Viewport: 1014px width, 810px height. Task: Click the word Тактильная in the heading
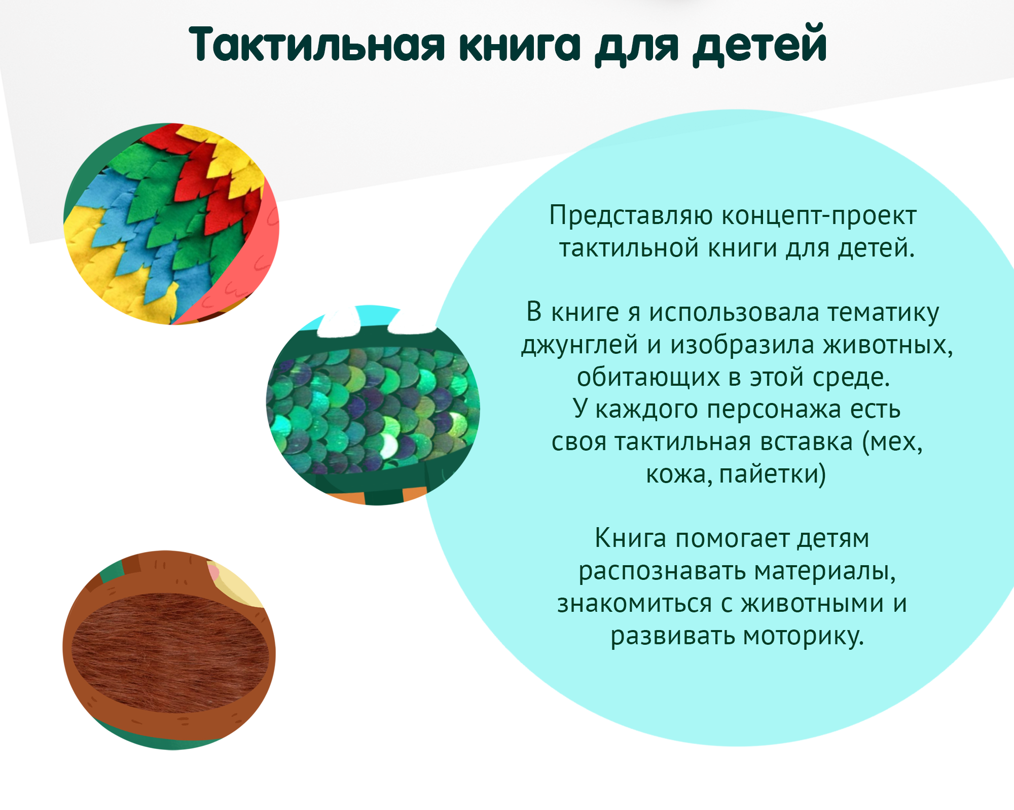pos(317,45)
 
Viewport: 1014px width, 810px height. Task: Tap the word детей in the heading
pos(760,45)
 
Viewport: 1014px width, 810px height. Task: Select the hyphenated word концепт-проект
pos(819,216)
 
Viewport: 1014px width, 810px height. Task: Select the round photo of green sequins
pos(373,406)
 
